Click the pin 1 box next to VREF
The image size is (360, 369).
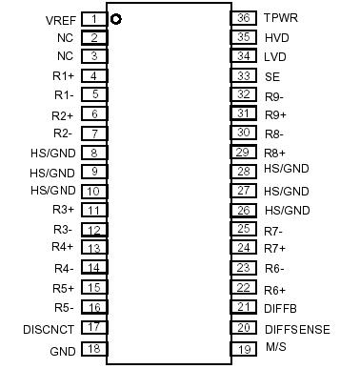[93, 19]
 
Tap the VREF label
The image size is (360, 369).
[61, 20]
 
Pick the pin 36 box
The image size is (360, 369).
[244, 18]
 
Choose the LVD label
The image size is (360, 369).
[274, 56]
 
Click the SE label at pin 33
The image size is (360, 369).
[271, 76]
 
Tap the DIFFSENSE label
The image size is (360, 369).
[297, 329]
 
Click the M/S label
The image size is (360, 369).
[274, 347]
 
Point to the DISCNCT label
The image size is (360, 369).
[49, 329]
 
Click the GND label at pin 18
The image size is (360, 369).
[62, 351]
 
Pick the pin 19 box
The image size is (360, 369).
[244, 349]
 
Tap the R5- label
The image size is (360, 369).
[64, 308]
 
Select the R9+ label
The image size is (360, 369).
[275, 114]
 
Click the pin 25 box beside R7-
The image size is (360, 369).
[244, 229]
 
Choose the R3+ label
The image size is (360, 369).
[64, 210]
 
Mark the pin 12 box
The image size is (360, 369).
[93, 230]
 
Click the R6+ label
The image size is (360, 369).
[275, 289]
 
